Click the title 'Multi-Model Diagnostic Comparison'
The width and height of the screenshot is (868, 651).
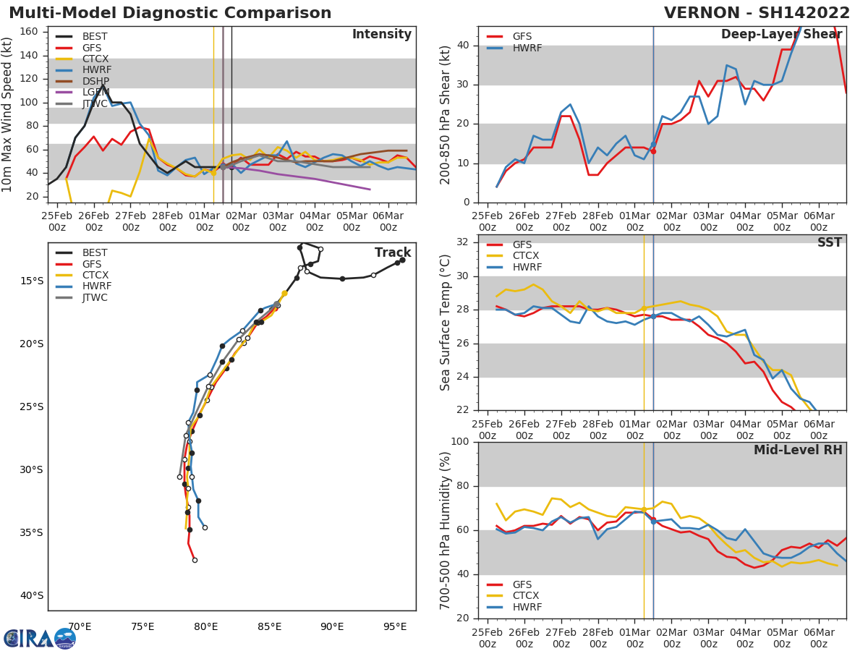point(170,13)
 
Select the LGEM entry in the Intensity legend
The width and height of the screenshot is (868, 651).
point(95,92)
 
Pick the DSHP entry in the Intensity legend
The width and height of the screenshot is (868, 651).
point(95,81)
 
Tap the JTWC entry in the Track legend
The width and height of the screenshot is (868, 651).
point(95,297)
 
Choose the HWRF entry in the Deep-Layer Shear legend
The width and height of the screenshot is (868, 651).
point(527,48)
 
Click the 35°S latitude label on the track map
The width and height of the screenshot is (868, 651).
point(32,532)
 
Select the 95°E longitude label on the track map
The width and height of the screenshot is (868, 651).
point(395,626)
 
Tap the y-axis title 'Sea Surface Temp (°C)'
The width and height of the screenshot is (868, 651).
point(446,323)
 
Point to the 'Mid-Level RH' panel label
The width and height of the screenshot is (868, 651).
point(798,450)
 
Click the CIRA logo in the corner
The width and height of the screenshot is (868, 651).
point(39,638)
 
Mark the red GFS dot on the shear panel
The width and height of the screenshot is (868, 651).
point(653,151)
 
